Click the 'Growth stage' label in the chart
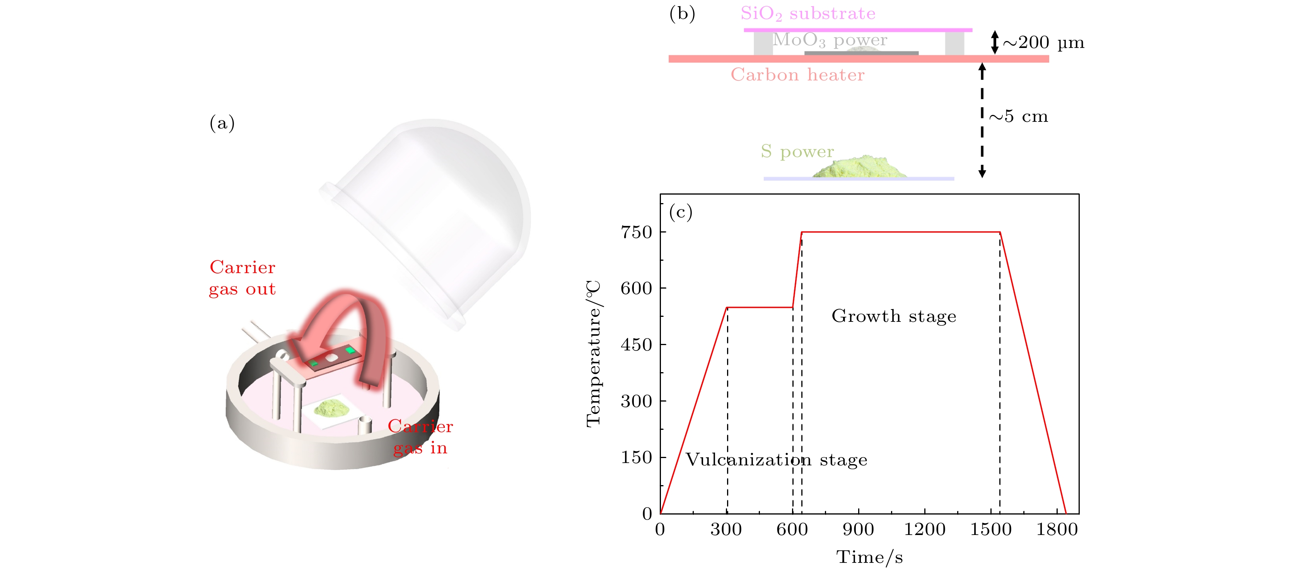point(894,316)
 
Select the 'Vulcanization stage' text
point(776,460)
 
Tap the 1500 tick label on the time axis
point(990,530)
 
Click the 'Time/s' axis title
point(869,557)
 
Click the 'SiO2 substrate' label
point(808,14)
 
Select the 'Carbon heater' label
point(798,75)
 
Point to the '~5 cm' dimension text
point(1018,116)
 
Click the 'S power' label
point(797,151)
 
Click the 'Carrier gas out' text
point(242,278)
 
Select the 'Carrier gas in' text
point(420,437)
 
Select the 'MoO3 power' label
point(830,40)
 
